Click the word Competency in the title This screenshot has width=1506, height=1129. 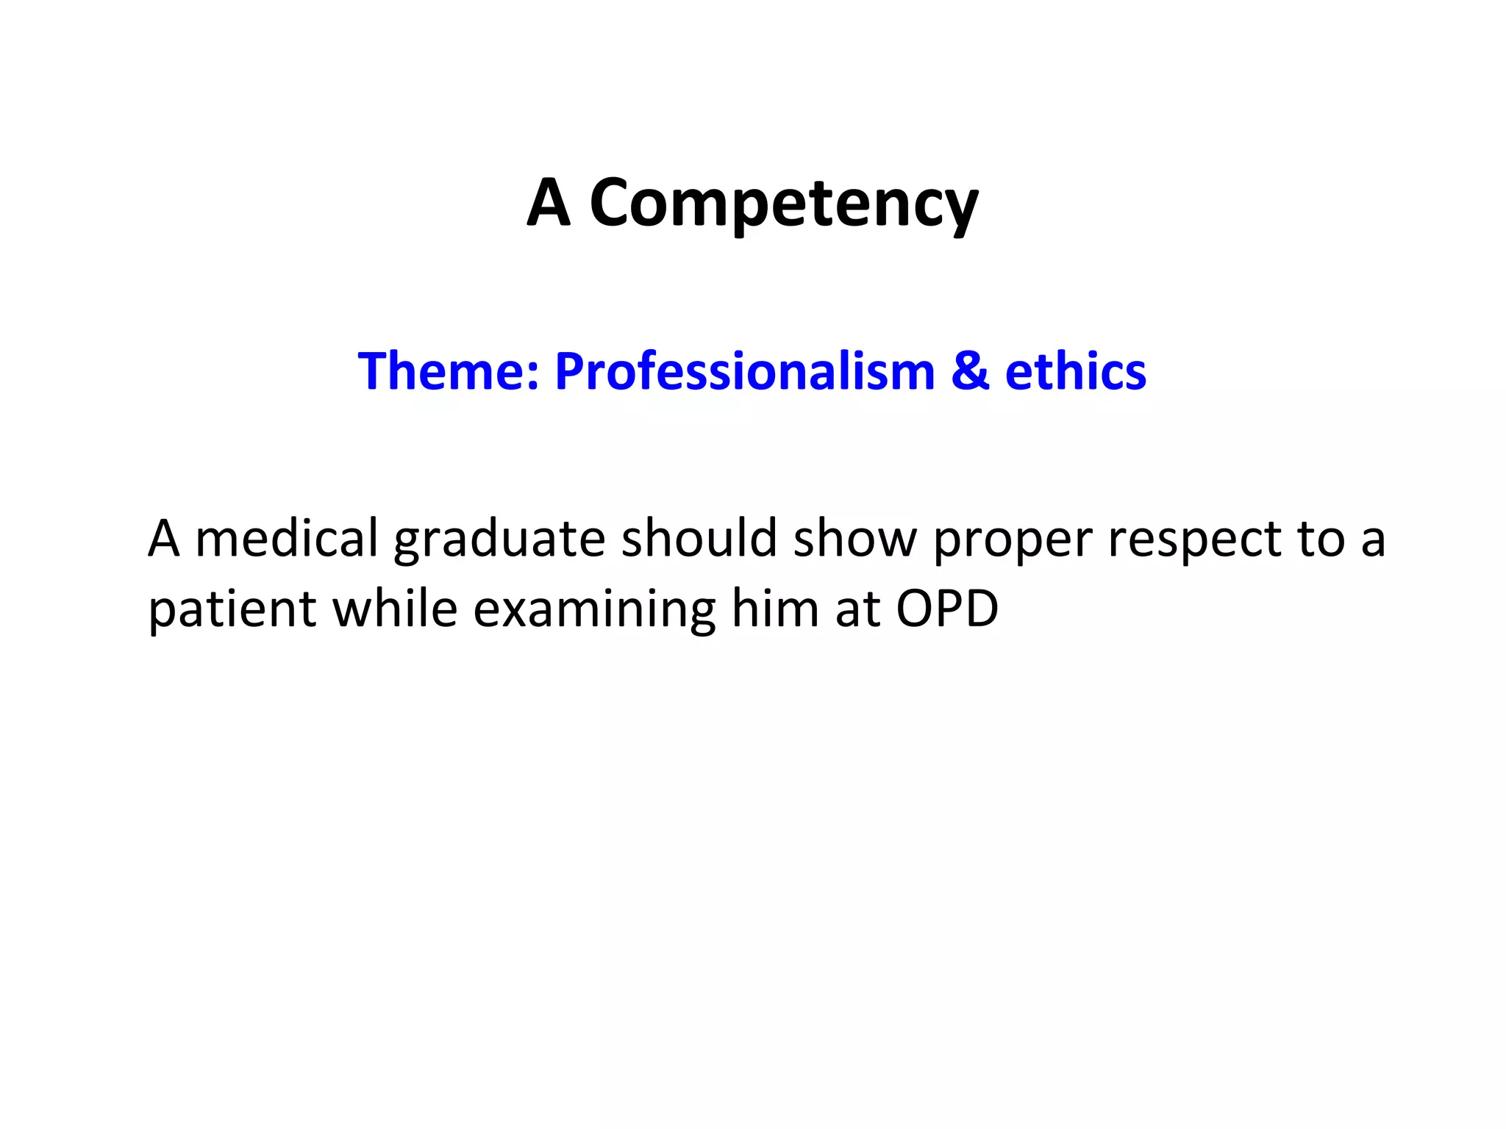pos(784,204)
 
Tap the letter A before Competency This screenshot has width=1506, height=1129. pos(549,202)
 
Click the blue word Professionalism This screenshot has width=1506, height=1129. pos(744,371)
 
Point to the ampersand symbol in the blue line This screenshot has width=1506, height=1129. pos(970,371)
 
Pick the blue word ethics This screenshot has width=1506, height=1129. pos(1075,371)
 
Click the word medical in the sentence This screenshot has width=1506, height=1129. pos(286,538)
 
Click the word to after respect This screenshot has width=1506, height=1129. pos(1320,540)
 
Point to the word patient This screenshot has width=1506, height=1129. pos(232,610)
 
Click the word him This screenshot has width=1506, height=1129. pos(775,609)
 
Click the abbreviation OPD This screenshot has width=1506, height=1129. pos(947,609)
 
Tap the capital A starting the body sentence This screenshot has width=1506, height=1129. pos(163,538)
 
